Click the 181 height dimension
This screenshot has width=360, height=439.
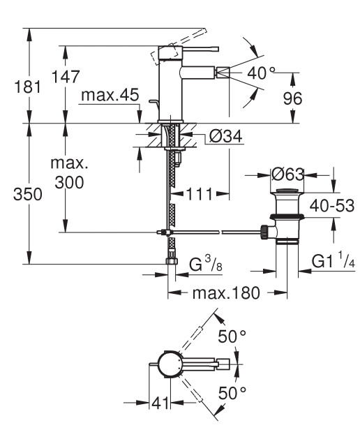click(x=27, y=87)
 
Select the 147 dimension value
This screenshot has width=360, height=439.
click(x=66, y=77)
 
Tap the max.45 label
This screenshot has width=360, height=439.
click(x=110, y=95)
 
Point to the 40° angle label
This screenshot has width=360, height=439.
click(x=261, y=73)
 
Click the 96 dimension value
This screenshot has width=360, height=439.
click(x=292, y=98)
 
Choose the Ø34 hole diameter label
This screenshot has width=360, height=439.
click(x=225, y=137)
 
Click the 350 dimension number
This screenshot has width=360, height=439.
click(x=28, y=194)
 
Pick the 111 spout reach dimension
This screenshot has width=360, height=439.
click(x=200, y=194)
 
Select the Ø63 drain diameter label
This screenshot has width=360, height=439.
click(x=287, y=174)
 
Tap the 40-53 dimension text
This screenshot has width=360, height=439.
click(x=332, y=206)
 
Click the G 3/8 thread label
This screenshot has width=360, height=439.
click(x=206, y=264)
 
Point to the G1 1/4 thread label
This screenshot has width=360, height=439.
click(x=333, y=261)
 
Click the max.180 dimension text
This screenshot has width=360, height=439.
click(x=226, y=293)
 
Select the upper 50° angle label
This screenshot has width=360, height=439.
click(x=232, y=336)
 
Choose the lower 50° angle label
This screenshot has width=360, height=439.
click(x=232, y=393)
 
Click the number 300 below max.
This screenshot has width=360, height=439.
click(x=69, y=183)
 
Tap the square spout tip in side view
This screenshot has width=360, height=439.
click(x=223, y=73)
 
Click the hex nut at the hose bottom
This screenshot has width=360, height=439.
click(x=172, y=261)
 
